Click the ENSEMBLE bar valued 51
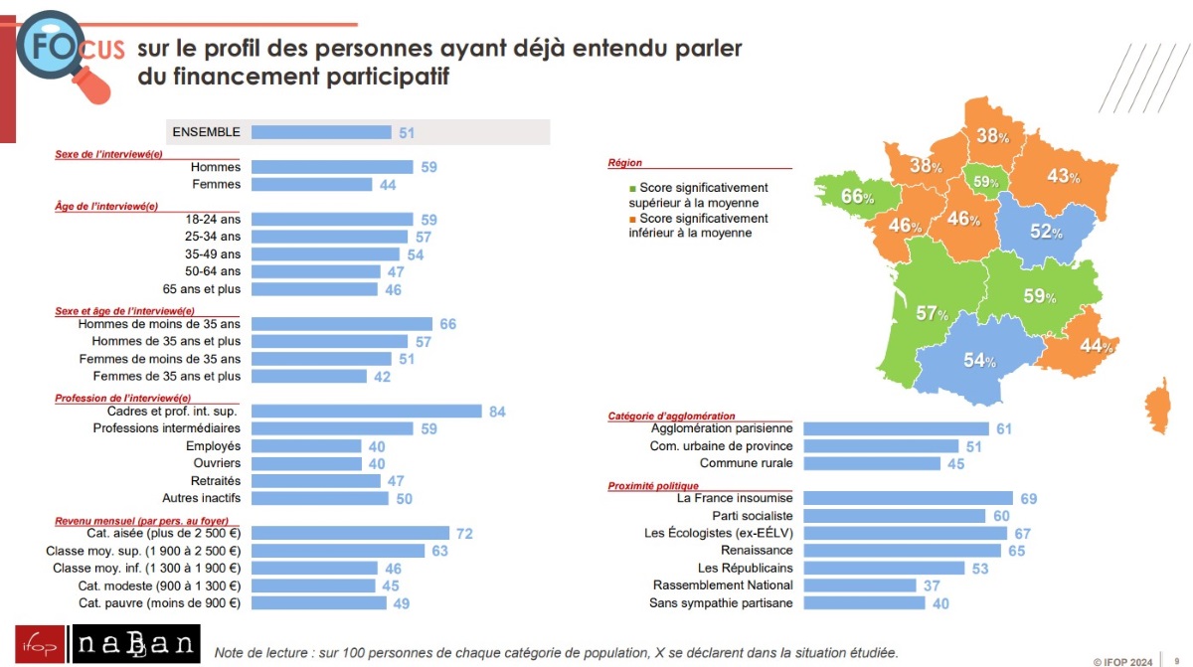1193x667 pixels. tap(321, 132)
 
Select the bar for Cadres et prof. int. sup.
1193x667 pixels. tap(366, 412)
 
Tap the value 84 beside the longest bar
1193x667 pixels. tap(497, 412)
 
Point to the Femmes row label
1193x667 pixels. tap(216, 185)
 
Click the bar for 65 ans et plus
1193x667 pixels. tap(314, 289)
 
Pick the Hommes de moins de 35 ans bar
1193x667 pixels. tap(342, 324)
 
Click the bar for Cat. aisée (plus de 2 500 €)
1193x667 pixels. tap(350, 534)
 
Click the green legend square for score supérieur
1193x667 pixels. tap(632, 188)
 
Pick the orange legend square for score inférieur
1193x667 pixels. tap(632, 219)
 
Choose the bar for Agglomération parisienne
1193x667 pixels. tap(896, 428)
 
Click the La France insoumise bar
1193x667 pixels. tap(908, 498)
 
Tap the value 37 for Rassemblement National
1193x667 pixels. tap(932, 585)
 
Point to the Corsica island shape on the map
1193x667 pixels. tap(1157, 406)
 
